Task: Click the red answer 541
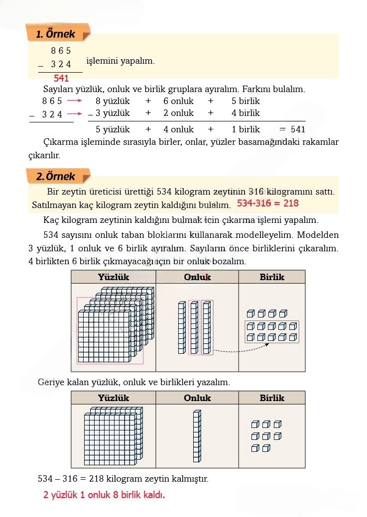pos(61,78)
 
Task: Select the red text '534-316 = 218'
pos(267,204)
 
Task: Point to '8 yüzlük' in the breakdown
pos(113,101)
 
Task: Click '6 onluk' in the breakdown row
pos(178,101)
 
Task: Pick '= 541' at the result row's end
pos(292,129)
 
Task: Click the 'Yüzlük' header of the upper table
pos(114,277)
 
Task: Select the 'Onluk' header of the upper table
pos(197,277)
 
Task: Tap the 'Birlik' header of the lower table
pos(272,398)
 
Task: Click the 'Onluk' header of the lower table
pos(197,398)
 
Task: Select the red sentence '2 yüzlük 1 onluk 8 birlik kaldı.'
pos(104,495)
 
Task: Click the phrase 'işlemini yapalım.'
pos(121,61)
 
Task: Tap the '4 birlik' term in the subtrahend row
pos(245,113)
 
